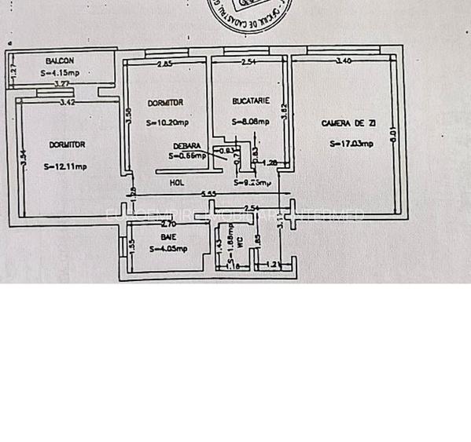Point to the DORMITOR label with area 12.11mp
(x=68, y=144)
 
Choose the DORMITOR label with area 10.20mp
(x=166, y=103)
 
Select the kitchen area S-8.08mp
(x=251, y=122)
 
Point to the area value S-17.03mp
(x=351, y=143)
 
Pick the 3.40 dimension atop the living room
(x=344, y=61)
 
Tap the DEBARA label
(x=187, y=146)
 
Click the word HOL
(x=178, y=183)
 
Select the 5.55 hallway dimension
(x=208, y=194)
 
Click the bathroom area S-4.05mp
(x=168, y=249)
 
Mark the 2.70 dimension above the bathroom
(x=167, y=225)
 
